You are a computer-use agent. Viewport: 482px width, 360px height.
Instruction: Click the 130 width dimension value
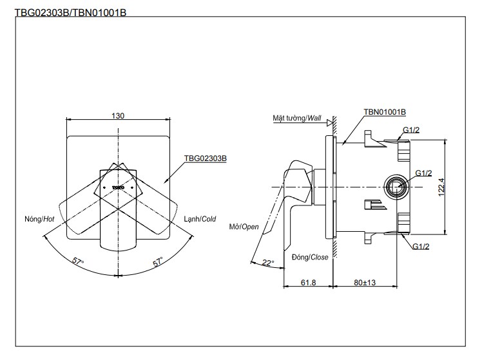[117, 116]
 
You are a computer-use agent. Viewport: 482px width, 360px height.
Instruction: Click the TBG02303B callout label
[205, 158]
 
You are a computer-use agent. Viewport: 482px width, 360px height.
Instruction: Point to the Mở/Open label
[244, 227]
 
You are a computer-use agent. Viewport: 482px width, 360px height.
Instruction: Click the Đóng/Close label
[311, 257]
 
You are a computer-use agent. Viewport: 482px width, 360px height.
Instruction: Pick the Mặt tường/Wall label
[296, 118]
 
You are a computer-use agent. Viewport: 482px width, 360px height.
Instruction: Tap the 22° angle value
[268, 263]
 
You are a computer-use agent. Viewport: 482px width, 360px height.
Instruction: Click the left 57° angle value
[78, 262]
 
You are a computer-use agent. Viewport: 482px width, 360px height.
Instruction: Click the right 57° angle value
[157, 262]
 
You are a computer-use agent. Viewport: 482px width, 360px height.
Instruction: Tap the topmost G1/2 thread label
[412, 130]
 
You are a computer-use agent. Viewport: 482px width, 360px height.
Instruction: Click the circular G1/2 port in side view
[396, 187]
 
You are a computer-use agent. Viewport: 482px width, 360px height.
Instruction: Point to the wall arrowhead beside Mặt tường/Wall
[330, 121]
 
